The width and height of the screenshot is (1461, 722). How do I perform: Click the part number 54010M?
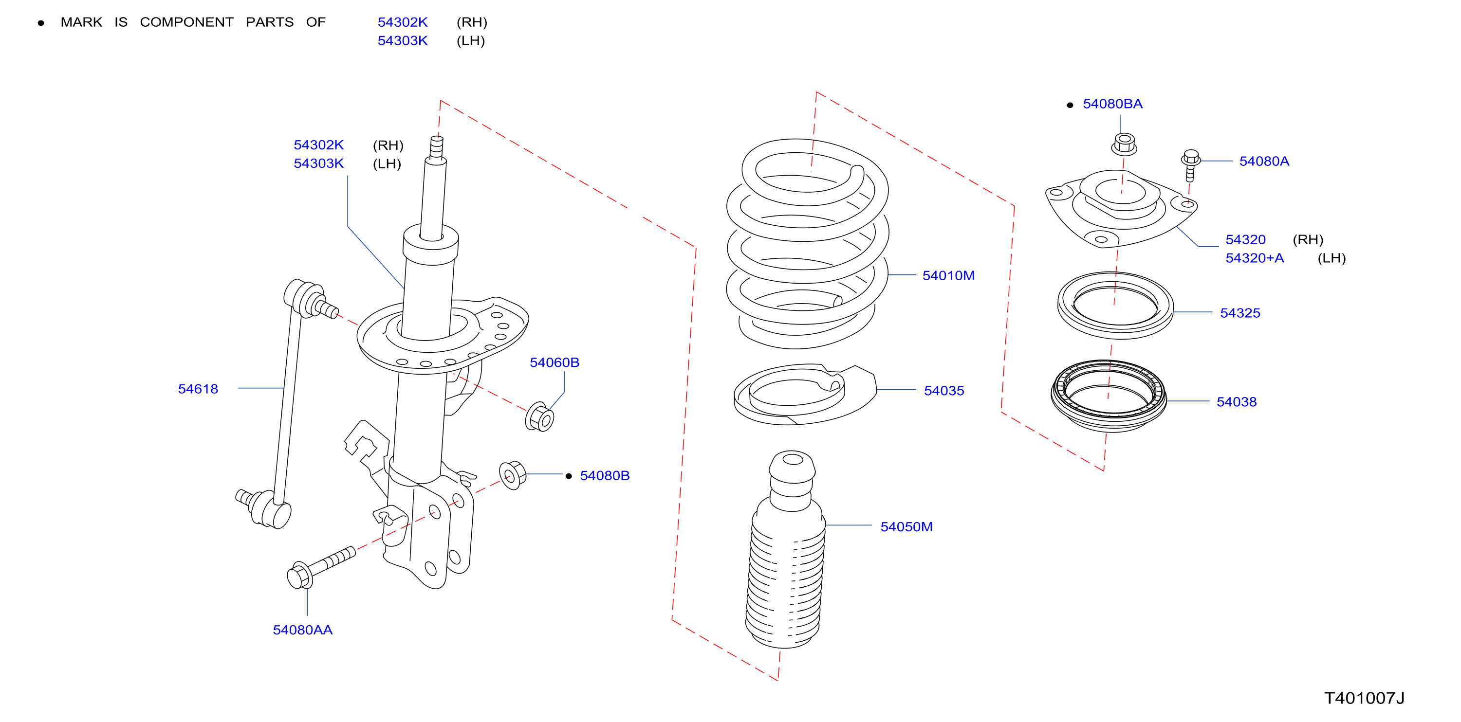(x=948, y=275)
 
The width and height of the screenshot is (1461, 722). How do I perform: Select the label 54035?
(x=944, y=391)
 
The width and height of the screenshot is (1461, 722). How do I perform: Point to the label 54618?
(x=198, y=389)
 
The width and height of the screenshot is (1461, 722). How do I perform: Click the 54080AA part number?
(x=302, y=630)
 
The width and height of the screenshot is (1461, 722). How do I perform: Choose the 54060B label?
(x=554, y=362)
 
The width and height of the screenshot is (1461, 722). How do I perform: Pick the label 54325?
(x=1240, y=313)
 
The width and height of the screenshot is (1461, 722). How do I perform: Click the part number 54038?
(x=1237, y=402)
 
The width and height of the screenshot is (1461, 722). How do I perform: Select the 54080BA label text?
(x=1112, y=104)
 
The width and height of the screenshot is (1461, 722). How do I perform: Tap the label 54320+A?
(x=1255, y=258)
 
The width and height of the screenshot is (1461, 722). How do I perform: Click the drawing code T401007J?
(x=1364, y=698)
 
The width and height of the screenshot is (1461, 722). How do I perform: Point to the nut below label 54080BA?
(x=1124, y=144)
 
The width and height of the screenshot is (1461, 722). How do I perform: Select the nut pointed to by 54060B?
(x=539, y=417)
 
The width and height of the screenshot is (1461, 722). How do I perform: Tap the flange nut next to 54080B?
(x=512, y=475)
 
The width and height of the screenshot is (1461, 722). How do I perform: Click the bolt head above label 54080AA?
(x=299, y=576)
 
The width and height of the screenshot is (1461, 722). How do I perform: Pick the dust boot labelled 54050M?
(x=786, y=550)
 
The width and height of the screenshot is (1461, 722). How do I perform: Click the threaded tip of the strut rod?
(x=437, y=147)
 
